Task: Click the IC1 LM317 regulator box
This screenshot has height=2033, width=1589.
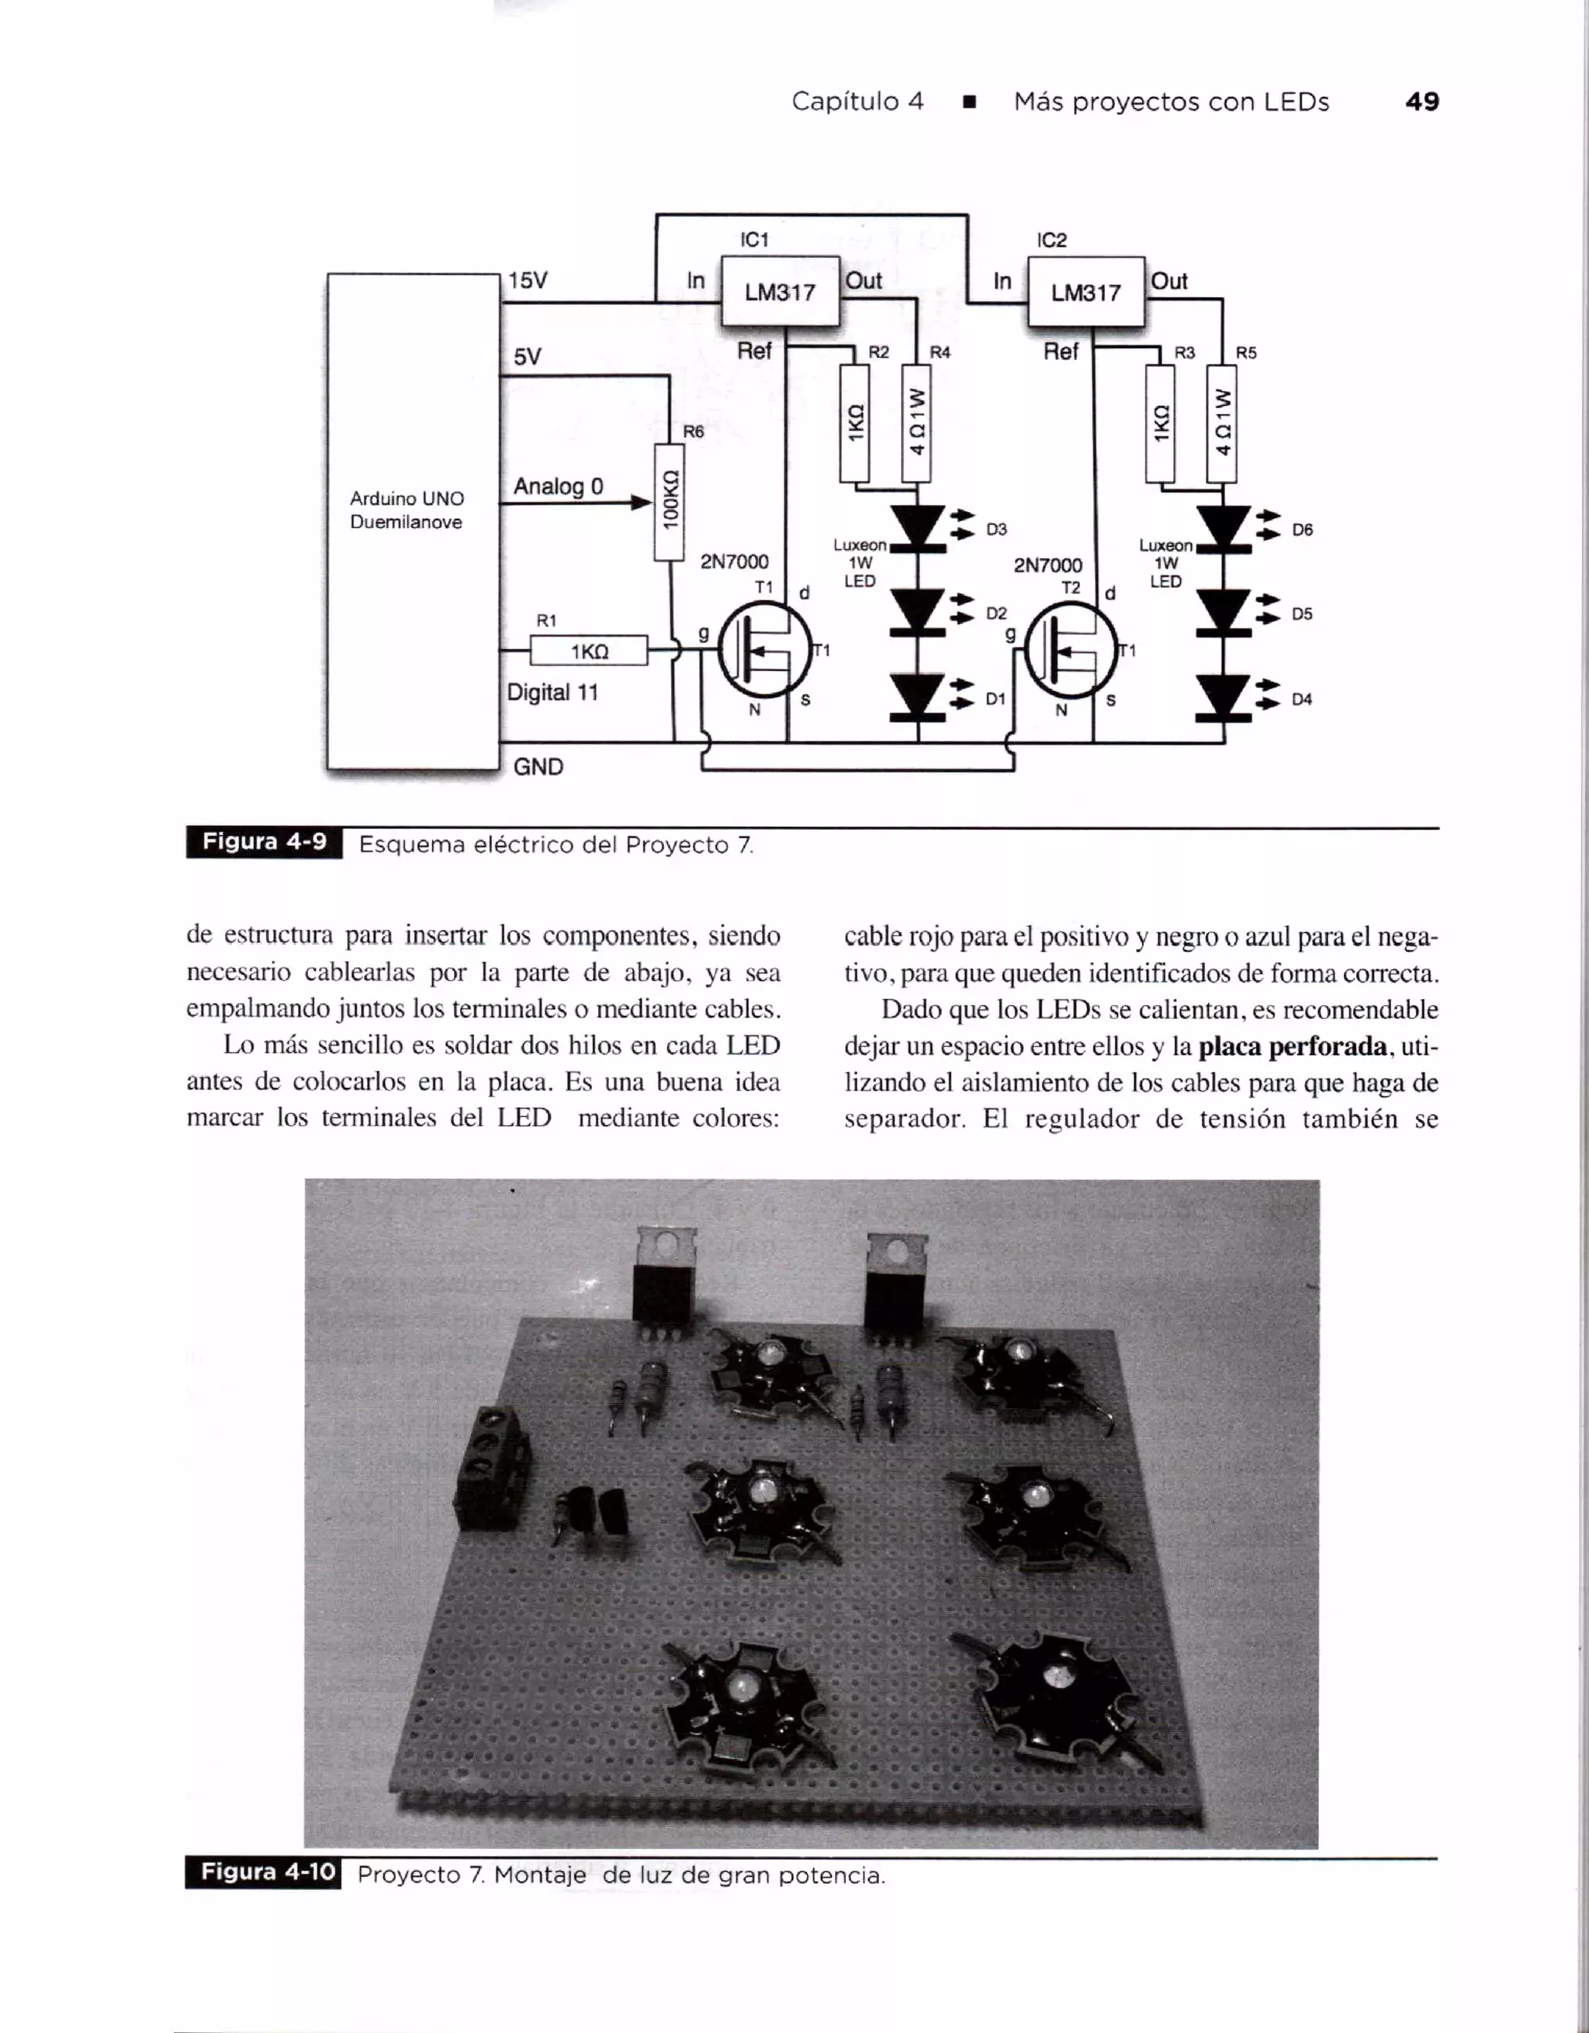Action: click(780, 292)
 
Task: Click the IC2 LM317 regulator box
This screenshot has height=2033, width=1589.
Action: click(1085, 292)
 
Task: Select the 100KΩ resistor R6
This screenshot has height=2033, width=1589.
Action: click(668, 503)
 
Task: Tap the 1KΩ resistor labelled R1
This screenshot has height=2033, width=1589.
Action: click(588, 651)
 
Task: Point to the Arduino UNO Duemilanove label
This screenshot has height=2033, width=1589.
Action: click(407, 510)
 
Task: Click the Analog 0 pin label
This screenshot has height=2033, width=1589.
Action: click(558, 486)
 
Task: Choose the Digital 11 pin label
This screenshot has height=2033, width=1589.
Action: click(552, 692)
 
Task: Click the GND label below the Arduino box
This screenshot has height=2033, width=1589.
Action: click(538, 766)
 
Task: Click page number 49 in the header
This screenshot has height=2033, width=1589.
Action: click(1421, 102)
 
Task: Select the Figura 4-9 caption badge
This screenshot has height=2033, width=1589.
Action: click(265, 842)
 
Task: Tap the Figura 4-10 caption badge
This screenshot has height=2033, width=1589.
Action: click(264, 1872)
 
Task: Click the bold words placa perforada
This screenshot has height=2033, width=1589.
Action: click(1292, 1046)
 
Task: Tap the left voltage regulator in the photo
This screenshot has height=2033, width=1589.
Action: click(663, 1280)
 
